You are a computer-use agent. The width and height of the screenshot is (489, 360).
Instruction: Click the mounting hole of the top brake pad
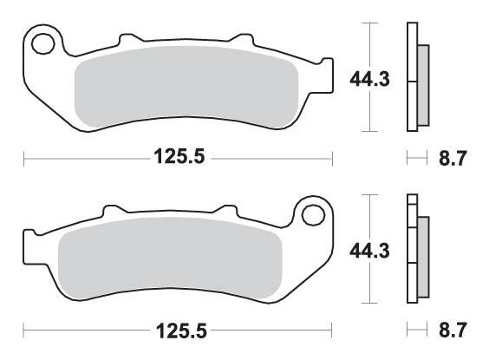[x=43, y=44]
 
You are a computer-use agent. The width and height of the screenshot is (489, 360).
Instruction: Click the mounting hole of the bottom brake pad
[x=313, y=215]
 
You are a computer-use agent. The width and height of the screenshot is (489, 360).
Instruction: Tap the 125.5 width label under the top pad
[x=179, y=156]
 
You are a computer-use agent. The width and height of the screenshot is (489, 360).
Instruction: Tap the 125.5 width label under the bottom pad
[x=181, y=331]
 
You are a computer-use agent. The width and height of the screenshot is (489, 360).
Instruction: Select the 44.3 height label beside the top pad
[x=370, y=79]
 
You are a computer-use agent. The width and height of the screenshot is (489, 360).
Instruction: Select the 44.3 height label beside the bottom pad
[x=370, y=251]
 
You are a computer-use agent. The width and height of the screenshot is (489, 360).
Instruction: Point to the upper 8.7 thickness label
[x=453, y=158]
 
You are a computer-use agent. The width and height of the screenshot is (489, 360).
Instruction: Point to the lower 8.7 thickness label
[x=453, y=330]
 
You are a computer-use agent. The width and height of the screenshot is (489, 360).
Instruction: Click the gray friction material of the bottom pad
[x=170, y=259]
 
